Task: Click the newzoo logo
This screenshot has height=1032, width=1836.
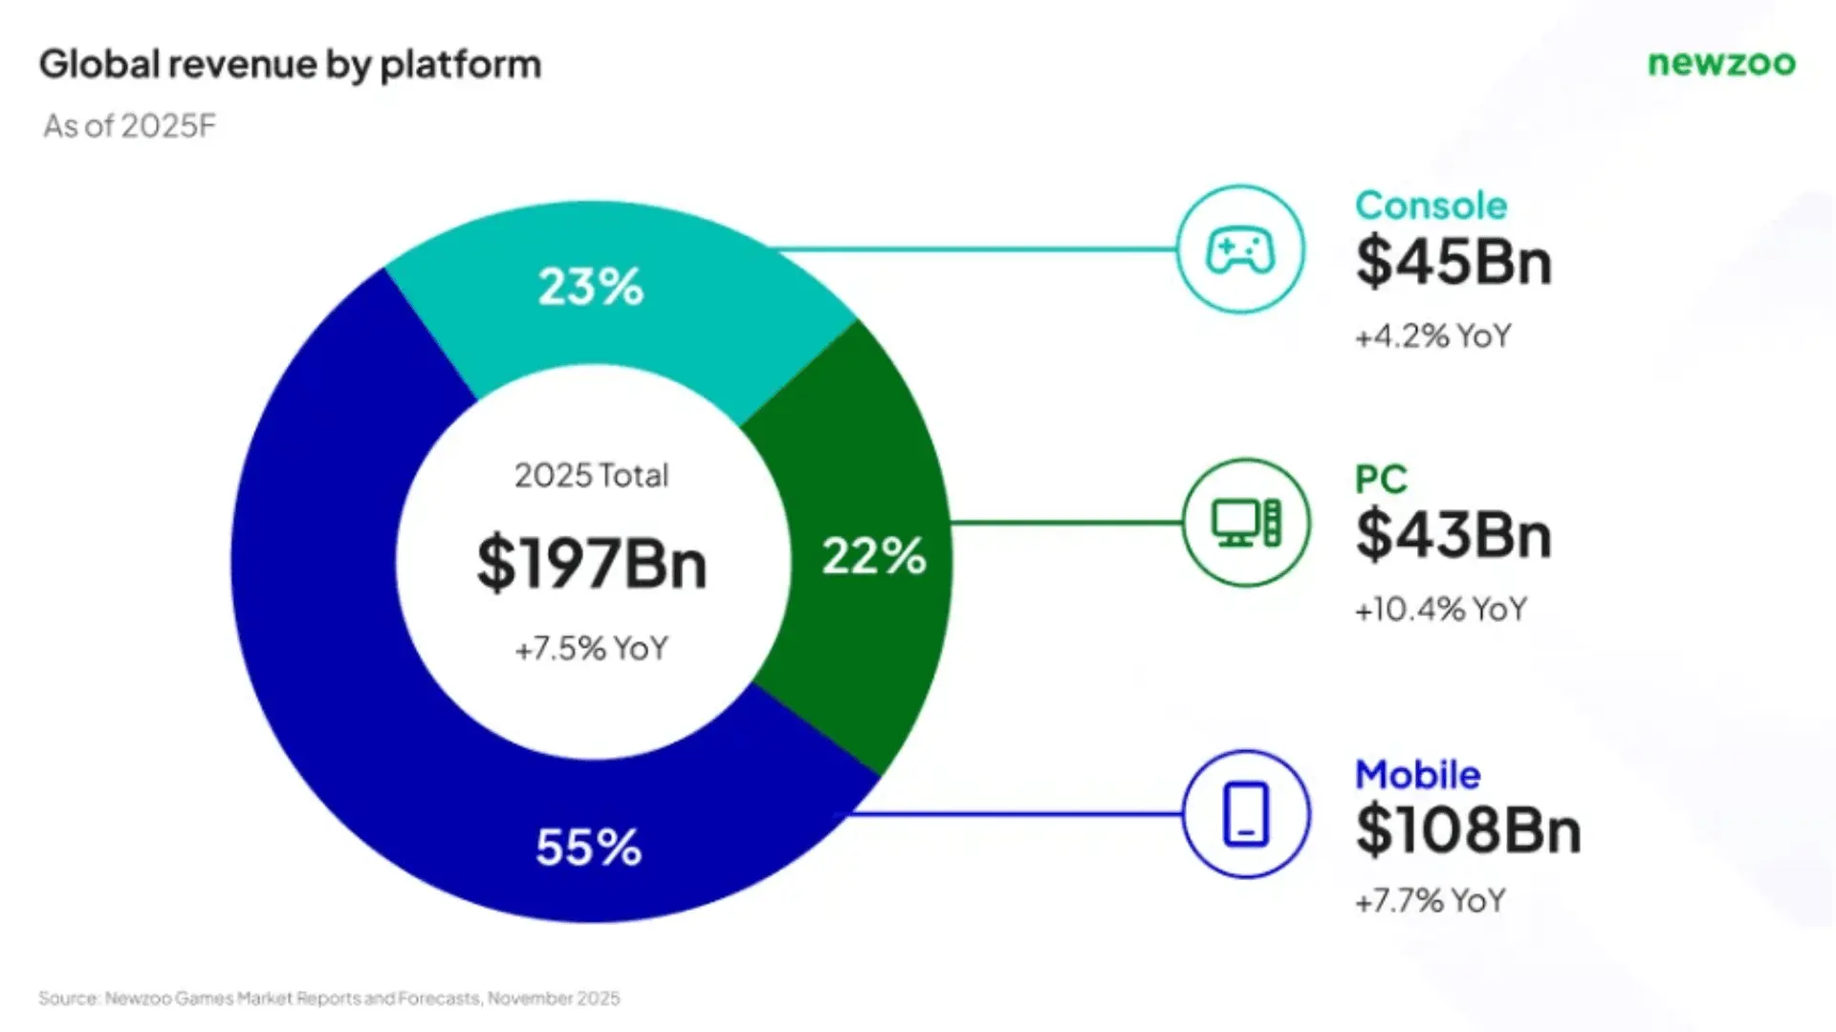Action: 1721,63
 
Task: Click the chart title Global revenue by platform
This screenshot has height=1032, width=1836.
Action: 290,65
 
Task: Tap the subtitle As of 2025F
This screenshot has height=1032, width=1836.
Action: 130,126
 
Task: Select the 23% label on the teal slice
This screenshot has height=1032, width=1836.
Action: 591,287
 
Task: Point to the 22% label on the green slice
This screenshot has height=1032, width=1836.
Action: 874,556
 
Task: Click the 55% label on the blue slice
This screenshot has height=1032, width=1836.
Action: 589,848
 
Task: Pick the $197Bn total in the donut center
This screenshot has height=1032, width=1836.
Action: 592,564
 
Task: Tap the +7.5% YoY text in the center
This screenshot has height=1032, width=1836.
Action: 592,649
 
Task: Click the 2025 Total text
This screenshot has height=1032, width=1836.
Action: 592,475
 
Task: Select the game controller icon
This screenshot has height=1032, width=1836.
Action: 1240,250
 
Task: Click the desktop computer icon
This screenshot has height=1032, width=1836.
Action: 1246,523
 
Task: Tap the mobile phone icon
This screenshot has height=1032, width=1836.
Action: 1246,814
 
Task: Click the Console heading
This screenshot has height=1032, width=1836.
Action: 1431,205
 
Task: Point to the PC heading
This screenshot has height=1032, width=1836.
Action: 1381,479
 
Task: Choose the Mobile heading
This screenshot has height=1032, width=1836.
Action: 1417,775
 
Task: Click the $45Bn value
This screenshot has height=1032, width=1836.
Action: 1453,262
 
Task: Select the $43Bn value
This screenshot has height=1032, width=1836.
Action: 1453,535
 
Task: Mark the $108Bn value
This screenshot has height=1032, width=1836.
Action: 1468,829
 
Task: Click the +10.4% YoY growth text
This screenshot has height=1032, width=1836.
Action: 1440,610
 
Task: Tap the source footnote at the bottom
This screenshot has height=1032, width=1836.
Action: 329,999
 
